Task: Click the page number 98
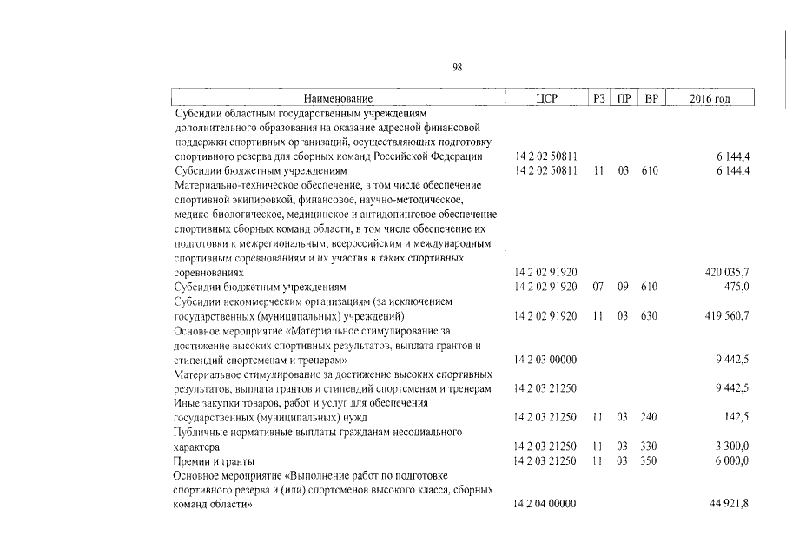coord(459,66)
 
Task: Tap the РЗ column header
coord(598,100)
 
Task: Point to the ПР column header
coord(623,100)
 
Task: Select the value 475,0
coord(736,287)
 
